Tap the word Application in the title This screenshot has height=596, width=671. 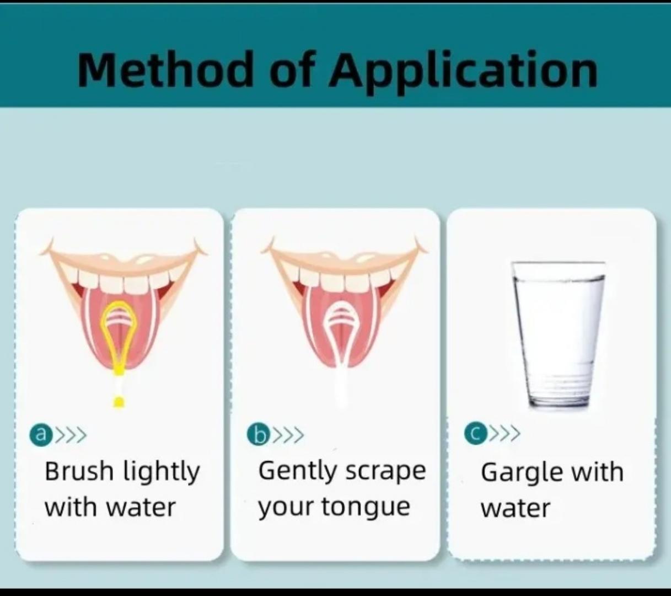(x=463, y=71)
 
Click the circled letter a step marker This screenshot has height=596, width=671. (x=39, y=434)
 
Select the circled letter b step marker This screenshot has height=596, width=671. (x=257, y=435)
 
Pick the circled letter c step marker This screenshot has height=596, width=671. (x=474, y=434)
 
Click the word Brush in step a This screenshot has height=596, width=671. (x=79, y=471)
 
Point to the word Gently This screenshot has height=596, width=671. (x=297, y=472)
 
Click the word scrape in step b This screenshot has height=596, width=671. (x=385, y=472)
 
